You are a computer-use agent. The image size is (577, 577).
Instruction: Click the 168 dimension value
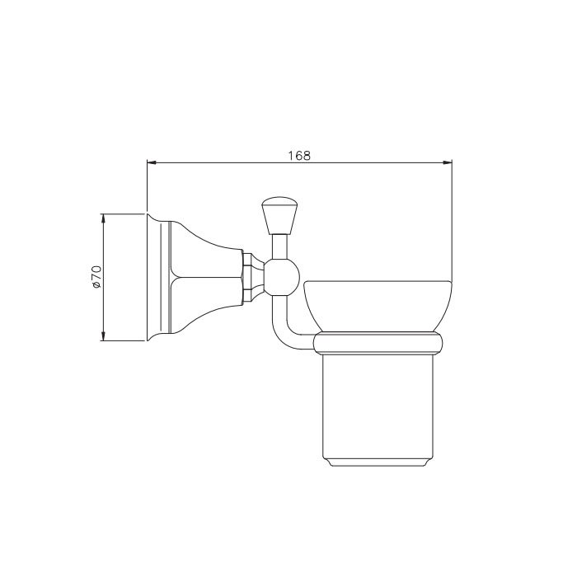(x=299, y=156)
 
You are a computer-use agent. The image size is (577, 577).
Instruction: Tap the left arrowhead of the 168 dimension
(x=152, y=162)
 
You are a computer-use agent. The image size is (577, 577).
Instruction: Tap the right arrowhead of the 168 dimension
(x=447, y=162)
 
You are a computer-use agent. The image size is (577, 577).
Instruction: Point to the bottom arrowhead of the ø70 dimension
(x=103, y=335)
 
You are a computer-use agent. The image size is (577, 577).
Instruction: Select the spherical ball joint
(x=282, y=277)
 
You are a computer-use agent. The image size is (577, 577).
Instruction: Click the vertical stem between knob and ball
(x=279, y=247)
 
